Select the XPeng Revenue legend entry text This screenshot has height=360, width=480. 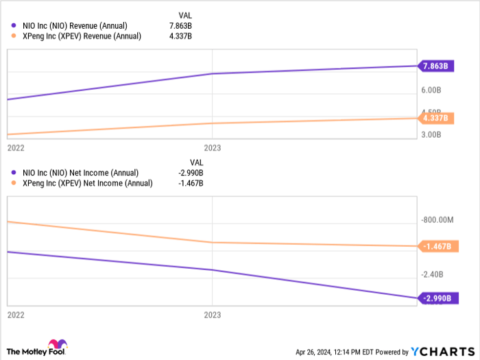click(82, 36)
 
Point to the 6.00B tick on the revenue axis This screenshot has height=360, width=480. click(435, 90)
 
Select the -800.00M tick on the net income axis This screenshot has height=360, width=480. click(439, 220)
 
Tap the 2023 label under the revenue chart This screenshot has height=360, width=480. click(213, 147)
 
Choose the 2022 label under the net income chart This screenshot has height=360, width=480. click(15, 315)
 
